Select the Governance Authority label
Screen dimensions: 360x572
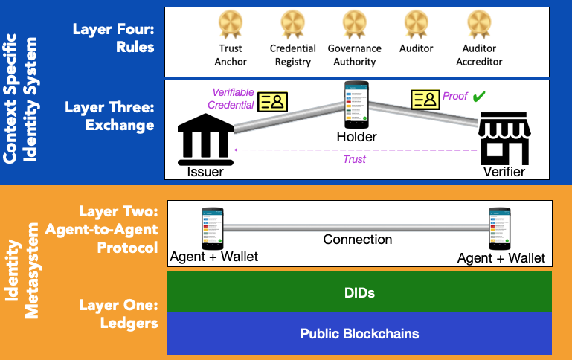tap(355, 55)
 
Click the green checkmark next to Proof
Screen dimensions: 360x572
tap(479, 97)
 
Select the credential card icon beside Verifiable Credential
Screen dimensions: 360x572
tap(273, 102)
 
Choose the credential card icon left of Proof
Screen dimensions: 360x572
tap(425, 99)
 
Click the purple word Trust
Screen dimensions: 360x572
tap(354, 158)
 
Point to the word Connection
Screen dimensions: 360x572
tap(357, 240)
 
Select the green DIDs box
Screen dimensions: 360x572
tap(359, 292)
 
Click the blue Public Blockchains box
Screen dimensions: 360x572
tap(359, 333)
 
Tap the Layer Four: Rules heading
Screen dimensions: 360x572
tap(113, 38)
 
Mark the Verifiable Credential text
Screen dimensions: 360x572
tap(233, 99)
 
